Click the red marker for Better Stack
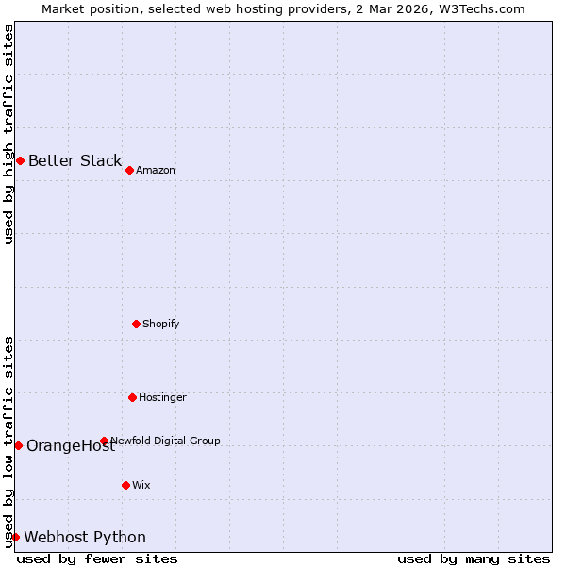click(x=20, y=160)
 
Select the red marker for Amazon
click(x=129, y=170)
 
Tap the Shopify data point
click(x=136, y=324)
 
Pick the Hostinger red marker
click(x=132, y=397)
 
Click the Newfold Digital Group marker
click(x=104, y=441)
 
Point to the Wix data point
click(x=125, y=485)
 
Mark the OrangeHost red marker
click(x=18, y=445)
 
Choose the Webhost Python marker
click(x=15, y=537)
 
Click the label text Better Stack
click(x=75, y=160)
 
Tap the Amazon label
click(x=156, y=170)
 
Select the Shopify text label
click(x=160, y=324)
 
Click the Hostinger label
click(x=162, y=397)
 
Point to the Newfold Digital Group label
click(x=165, y=441)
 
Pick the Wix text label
click(x=141, y=485)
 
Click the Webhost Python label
click(x=85, y=537)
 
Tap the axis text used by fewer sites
click(x=97, y=558)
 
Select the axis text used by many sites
click(x=474, y=558)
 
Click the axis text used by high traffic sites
click(x=8, y=134)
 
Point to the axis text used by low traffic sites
click(x=8, y=441)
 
